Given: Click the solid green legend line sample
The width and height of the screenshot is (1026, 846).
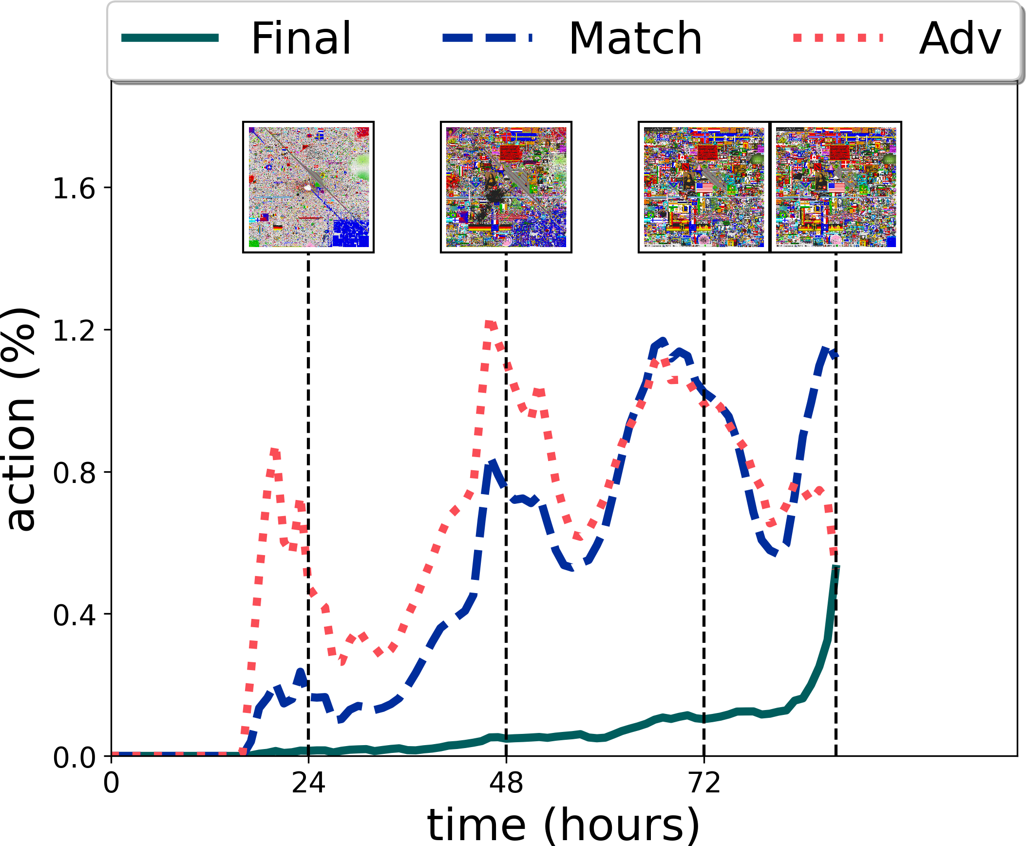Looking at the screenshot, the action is coord(170,38).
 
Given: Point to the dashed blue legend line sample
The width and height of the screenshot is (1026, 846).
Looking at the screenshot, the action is coord(488,38).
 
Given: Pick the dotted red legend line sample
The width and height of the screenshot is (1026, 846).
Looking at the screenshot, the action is coord(838,38).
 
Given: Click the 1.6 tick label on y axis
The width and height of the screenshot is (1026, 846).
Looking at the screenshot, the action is coord(74,189).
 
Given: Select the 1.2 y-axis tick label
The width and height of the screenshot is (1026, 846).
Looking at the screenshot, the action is coord(74,330).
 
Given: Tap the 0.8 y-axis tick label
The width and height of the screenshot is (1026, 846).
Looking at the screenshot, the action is coord(74,472).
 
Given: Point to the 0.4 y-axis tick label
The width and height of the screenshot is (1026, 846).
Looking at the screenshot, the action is coord(74,615).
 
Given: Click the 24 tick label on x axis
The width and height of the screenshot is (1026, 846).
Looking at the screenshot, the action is coord(308,783).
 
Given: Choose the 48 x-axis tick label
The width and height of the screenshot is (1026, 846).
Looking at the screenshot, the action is coord(506,783).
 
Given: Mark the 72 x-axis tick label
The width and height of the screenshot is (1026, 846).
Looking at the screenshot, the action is coord(704,783).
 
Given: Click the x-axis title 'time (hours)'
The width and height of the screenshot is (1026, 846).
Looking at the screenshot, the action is coord(564,825).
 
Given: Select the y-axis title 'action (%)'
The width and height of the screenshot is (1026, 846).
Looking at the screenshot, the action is coord(20,419).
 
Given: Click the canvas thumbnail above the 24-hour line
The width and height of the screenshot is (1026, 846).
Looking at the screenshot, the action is coord(308,187).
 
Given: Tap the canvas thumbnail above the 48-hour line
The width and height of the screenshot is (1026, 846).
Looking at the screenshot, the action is coord(506,187).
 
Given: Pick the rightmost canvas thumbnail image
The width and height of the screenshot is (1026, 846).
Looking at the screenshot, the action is coord(836,187).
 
